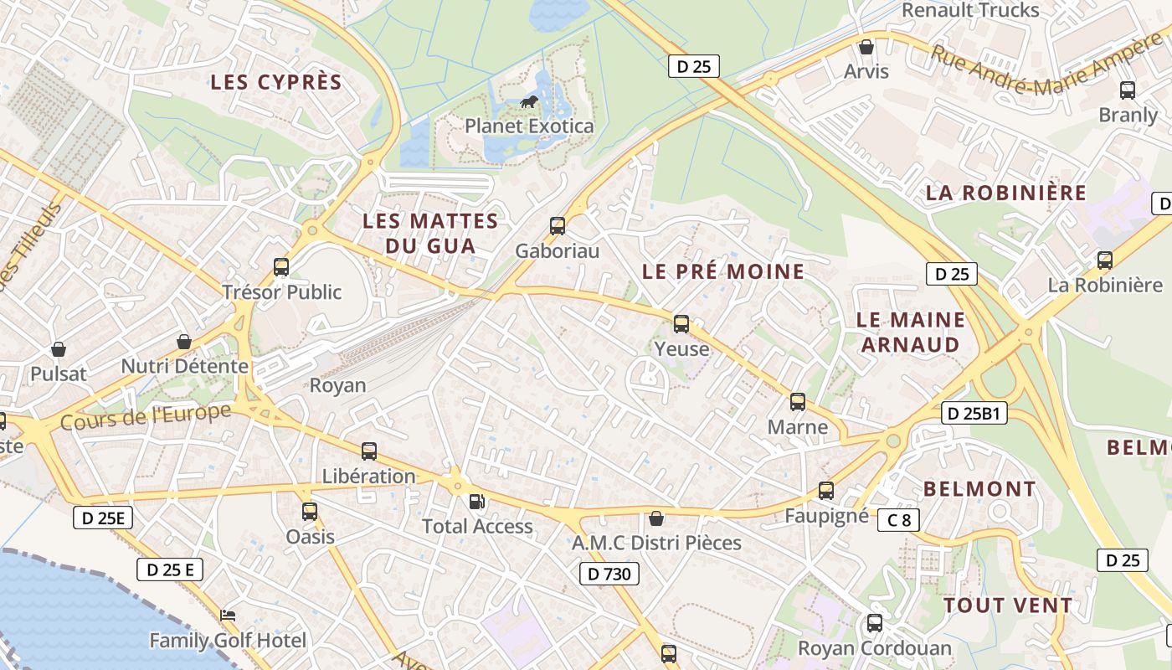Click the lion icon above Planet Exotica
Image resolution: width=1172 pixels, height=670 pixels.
click(528, 102)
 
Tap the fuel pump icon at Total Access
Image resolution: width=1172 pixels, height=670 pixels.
click(476, 502)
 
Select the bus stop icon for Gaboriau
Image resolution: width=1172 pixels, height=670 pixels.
click(558, 226)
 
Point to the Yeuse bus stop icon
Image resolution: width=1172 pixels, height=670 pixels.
click(681, 324)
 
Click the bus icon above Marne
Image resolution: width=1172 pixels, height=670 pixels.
click(798, 402)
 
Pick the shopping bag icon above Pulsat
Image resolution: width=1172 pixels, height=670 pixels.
click(59, 348)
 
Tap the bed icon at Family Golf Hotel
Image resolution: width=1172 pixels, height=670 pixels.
click(228, 616)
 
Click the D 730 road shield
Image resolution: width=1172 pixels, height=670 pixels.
click(609, 574)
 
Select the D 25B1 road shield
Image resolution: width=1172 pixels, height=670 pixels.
click(975, 413)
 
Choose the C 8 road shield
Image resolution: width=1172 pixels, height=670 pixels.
click(899, 520)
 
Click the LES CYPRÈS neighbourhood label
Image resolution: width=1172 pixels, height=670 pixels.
click(276, 82)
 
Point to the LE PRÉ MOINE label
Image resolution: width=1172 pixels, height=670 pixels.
click(723, 271)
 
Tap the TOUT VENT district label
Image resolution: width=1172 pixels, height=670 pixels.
click(1008, 606)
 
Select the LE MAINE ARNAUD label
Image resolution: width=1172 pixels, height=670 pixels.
click(911, 332)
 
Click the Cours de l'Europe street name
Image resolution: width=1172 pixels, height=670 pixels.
click(146, 417)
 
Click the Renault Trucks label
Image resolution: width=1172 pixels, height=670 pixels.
click(971, 11)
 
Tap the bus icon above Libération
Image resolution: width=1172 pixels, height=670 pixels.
click(369, 451)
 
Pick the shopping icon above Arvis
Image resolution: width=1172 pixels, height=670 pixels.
click(866, 47)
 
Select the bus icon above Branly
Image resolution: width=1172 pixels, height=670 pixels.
click(1128, 90)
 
